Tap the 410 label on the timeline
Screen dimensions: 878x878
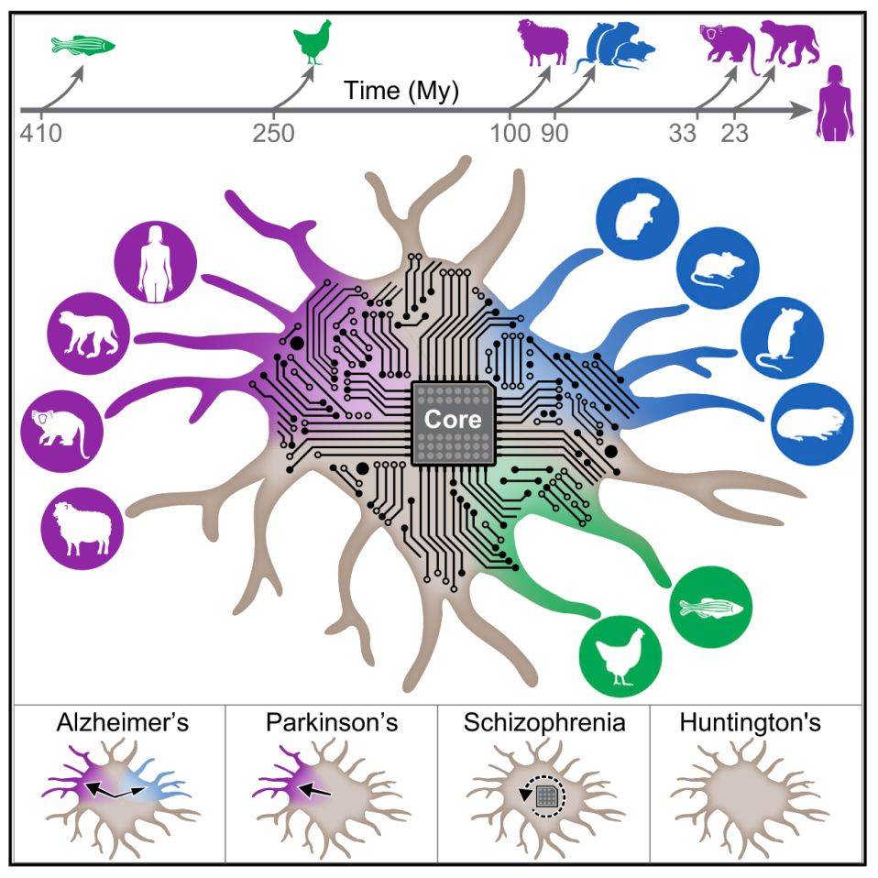tap(39, 133)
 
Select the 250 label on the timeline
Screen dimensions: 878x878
tap(273, 133)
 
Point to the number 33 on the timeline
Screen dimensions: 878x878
tap(682, 133)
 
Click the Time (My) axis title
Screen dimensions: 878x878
tap(401, 92)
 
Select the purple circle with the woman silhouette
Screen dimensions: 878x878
tap(155, 261)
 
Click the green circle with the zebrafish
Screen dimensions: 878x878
tap(712, 607)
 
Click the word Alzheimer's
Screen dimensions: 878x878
tap(121, 722)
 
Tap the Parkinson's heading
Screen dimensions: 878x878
tap(332, 722)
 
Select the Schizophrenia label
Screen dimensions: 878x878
tap(543, 722)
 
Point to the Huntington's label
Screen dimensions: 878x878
tap(751, 722)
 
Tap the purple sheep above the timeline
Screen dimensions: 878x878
tap(543, 44)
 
